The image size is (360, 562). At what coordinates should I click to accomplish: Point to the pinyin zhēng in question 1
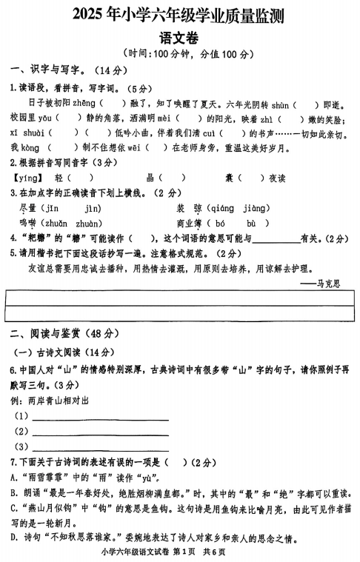[84, 103]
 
